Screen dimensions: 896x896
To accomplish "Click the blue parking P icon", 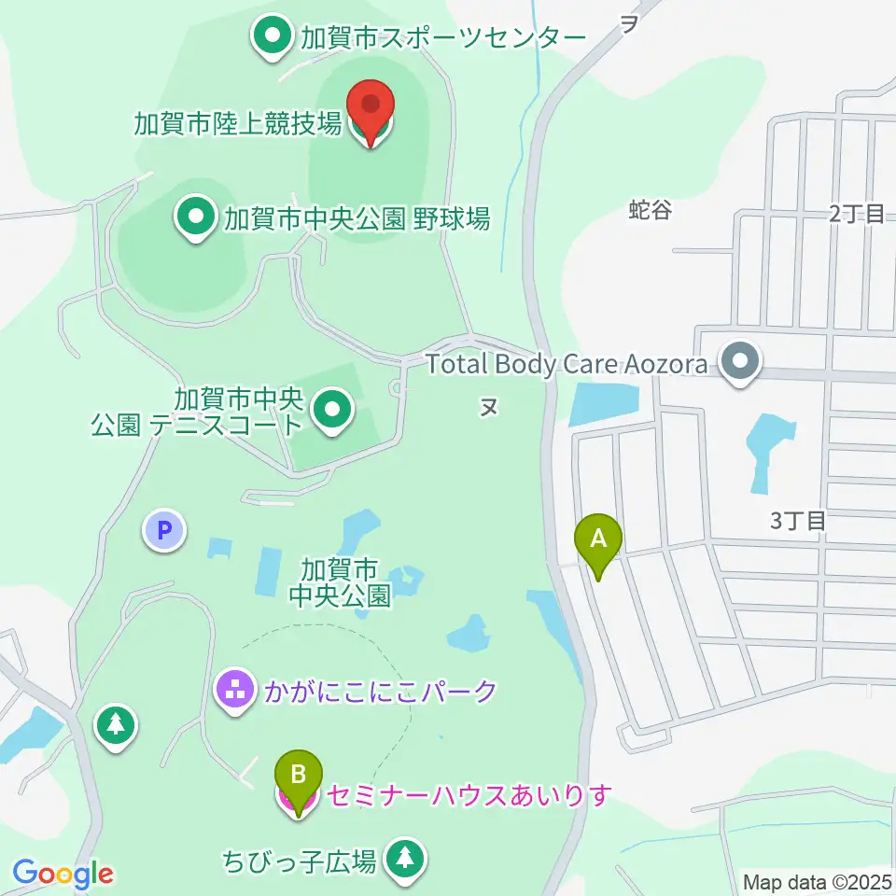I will click(164, 532).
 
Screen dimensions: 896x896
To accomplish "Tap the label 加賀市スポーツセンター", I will click(442, 38).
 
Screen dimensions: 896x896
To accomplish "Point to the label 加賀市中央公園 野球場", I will click(357, 218).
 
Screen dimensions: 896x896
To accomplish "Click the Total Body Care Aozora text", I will click(567, 363).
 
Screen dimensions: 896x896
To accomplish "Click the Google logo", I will click(63, 875).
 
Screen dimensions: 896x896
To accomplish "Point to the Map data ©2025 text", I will click(818, 882).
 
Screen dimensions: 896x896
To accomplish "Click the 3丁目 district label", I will click(798, 521).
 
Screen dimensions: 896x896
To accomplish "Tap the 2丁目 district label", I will click(856, 214).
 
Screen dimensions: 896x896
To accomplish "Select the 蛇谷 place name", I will click(650, 211).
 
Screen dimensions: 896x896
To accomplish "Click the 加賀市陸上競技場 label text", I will click(238, 123).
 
